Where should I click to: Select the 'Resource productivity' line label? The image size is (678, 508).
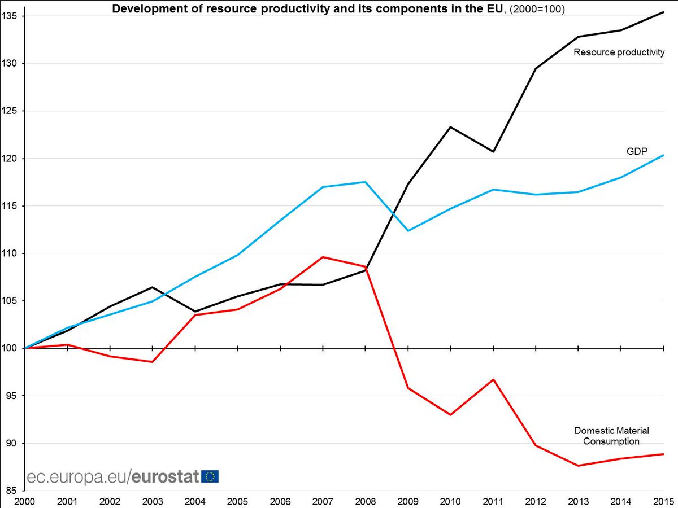click(x=618, y=53)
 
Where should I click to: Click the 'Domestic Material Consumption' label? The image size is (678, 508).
click(x=607, y=436)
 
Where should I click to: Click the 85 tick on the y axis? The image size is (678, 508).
click(x=12, y=491)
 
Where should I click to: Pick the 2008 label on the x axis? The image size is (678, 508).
click(x=366, y=501)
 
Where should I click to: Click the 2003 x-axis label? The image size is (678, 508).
click(x=153, y=501)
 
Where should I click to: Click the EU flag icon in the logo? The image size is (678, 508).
click(x=210, y=476)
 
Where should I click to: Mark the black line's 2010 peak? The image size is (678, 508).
click(x=450, y=127)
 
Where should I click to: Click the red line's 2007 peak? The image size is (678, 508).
click(x=323, y=257)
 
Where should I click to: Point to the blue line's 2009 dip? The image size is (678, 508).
click(x=408, y=231)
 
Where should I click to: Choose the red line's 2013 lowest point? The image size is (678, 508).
click(x=578, y=466)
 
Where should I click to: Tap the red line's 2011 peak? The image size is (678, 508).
click(x=493, y=379)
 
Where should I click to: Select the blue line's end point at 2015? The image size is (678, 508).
click(x=663, y=155)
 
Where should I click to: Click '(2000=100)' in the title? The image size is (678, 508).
click(x=540, y=9)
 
